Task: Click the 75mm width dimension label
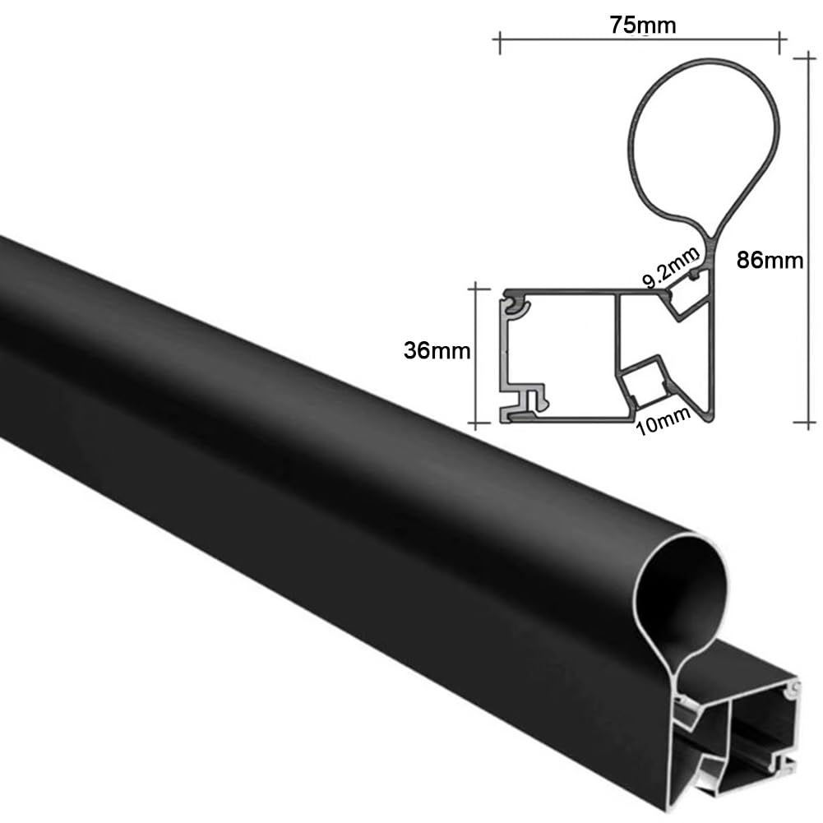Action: (x=642, y=25)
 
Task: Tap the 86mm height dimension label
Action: (x=770, y=261)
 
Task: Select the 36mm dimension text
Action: (x=437, y=350)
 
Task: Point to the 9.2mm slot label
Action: (x=672, y=267)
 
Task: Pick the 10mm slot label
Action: (x=663, y=421)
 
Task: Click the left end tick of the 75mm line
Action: (x=499, y=43)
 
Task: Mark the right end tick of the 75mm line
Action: (x=780, y=43)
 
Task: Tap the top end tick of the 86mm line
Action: (x=805, y=58)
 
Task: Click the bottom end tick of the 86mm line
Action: (x=805, y=421)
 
